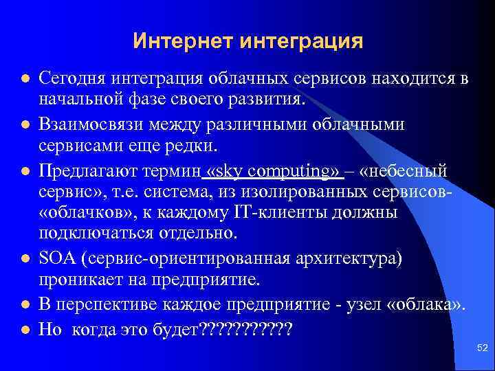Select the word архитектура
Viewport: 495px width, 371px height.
333,258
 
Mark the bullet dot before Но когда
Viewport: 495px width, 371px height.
25,329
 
